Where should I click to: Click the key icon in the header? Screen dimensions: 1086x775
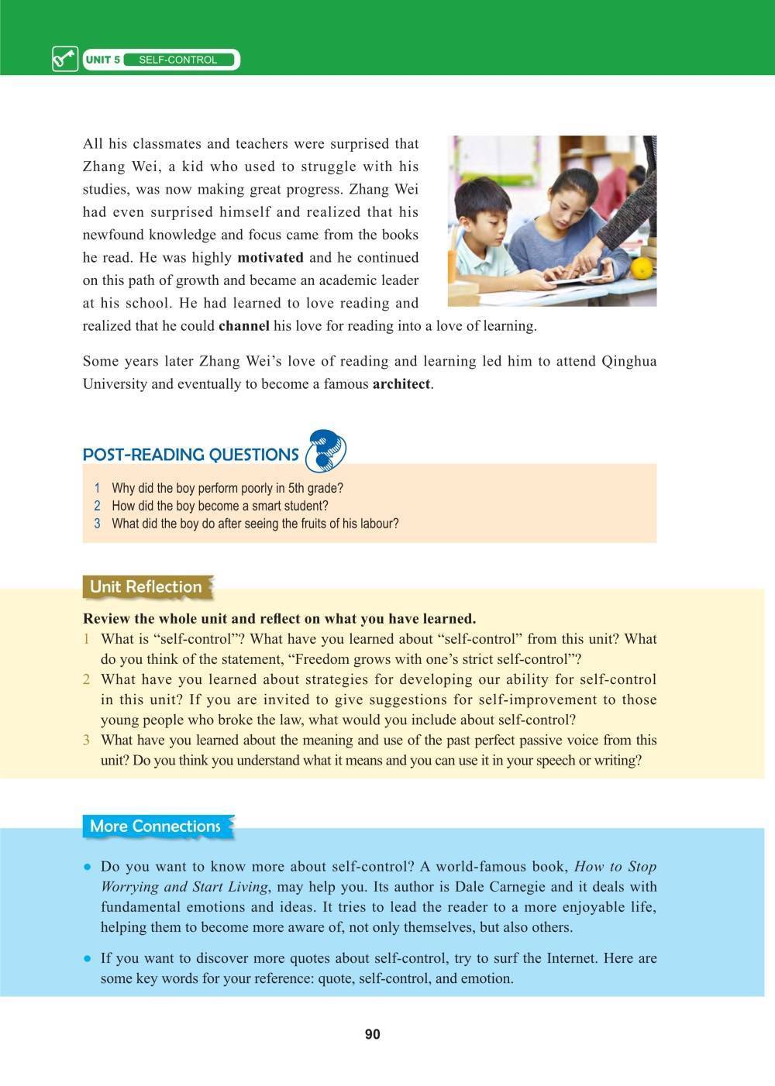(x=65, y=60)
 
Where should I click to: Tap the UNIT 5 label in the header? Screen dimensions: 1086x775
(x=102, y=60)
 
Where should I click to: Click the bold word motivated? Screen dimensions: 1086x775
(x=270, y=257)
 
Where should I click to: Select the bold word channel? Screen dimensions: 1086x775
(x=244, y=325)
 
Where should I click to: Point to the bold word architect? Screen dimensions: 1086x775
(x=401, y=383)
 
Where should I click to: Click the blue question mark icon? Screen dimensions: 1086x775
(x=325, y=452)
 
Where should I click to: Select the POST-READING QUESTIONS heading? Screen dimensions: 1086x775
(x=191, y=455)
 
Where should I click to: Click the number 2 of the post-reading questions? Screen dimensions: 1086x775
(x=98, y=506)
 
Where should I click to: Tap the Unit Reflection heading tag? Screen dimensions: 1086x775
(x=146, y=586)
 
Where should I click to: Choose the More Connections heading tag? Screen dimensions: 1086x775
(x=155, y=826)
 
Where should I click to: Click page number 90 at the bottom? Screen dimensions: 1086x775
(x=372, y=1035)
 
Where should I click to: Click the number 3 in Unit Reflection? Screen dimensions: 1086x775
(x=87, y=740)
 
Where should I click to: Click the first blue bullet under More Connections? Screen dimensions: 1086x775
(x=88, y=867)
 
